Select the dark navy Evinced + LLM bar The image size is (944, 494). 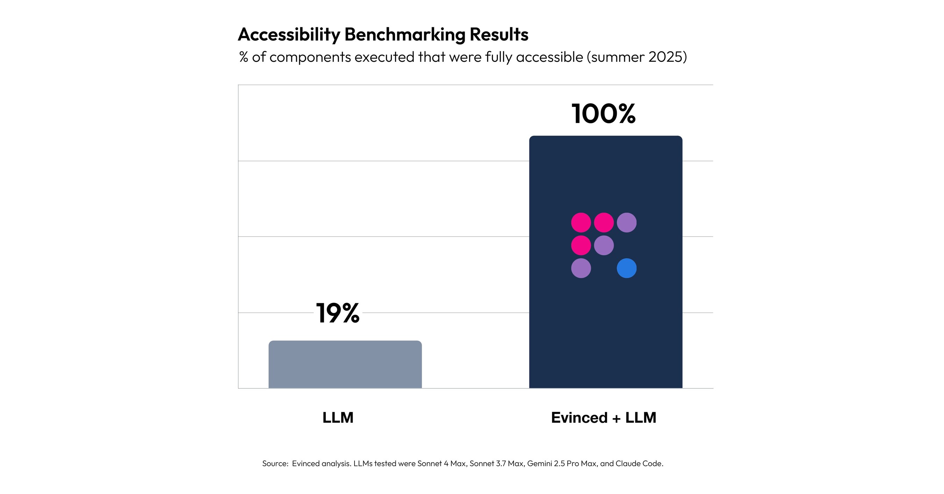[x=606, y=329]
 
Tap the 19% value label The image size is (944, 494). [x=337, y=313]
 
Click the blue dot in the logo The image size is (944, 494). [x=626, y=268]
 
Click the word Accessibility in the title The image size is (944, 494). [x=289, y=35]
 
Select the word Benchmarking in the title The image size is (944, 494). [x=405, y=35]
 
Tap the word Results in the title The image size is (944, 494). [x=499, y=35]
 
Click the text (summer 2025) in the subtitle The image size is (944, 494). [x=637, y=57]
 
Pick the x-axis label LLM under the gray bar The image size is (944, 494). [x=337, y=417]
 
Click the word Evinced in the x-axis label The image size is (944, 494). [x=579, y=417]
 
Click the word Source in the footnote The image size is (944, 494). [x=275, y=464]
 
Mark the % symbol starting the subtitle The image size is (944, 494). [x=243, y=57]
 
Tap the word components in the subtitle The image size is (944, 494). [x=310, y=57]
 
